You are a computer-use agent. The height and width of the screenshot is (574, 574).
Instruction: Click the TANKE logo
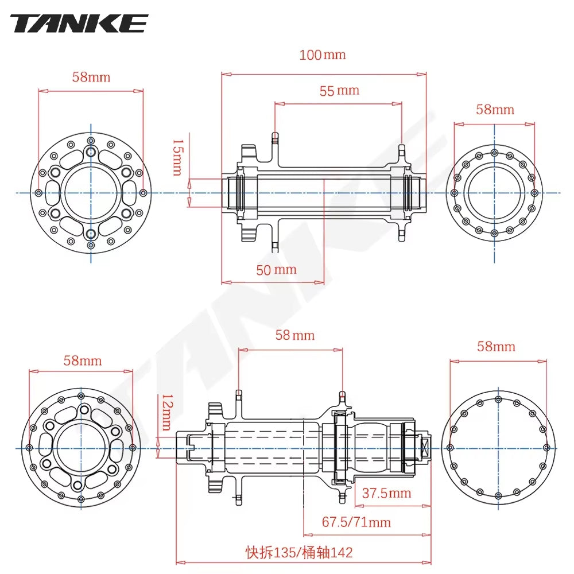79,24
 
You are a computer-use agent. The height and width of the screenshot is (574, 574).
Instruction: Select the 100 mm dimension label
323,55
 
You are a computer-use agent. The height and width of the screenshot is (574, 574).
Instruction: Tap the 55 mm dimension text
339,90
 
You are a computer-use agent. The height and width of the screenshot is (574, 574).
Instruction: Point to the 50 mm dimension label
276,269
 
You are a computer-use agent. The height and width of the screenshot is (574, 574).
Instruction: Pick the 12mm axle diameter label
166,412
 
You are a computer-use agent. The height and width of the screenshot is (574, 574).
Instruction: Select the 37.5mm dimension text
387,493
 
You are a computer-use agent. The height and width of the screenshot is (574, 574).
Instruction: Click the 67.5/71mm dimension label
356,522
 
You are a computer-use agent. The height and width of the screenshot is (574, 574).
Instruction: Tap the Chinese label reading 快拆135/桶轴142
299,552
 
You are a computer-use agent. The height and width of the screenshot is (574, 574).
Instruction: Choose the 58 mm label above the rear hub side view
295,335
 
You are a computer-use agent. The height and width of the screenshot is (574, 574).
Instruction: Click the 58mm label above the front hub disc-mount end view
91,77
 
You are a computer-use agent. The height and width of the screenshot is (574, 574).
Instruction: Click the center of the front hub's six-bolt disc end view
91,193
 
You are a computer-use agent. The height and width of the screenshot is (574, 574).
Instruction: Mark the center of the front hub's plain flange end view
494,193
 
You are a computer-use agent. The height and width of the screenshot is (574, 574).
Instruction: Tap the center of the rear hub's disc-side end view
81,448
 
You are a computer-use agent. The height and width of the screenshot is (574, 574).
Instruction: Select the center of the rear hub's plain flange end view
498,448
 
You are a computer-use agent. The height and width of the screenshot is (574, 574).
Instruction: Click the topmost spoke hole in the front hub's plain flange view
494,152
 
